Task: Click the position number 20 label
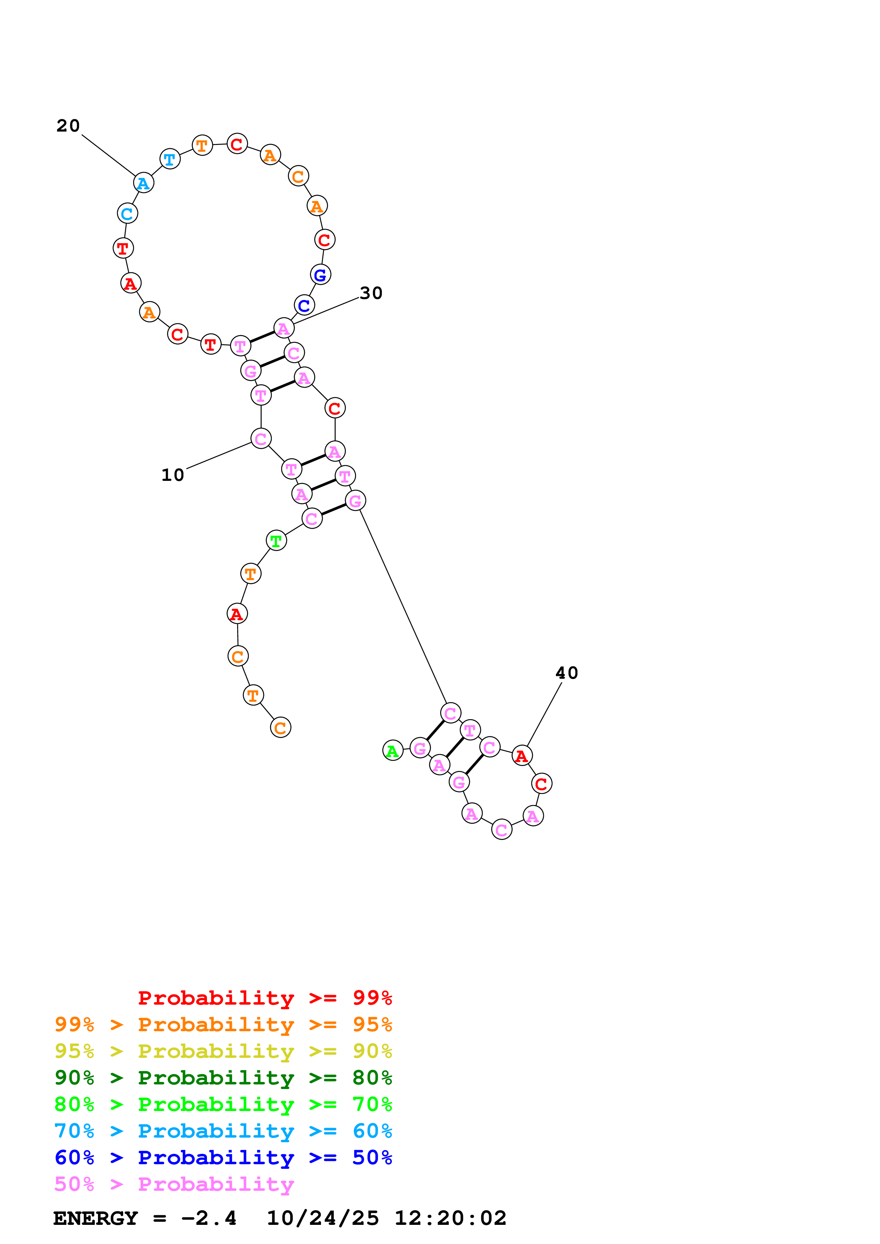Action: click(x=68, y=126)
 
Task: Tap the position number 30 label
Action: click(x=371, y=293)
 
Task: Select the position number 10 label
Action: click(x=173, y=475)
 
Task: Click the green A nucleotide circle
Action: click(x=393, y=750)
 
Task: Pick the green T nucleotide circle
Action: click(x=276, y=540)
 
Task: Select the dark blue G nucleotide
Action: click(x=321, y=275)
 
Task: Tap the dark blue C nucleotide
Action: click(x=304, y=306)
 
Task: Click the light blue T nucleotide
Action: click(x=170, y=159)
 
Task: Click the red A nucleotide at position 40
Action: click(x=521, y=755)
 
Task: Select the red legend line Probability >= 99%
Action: click(x=264, y=998)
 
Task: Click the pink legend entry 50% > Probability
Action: click(x=174, y=1184)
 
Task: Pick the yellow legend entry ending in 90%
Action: click(x=223, y=1051)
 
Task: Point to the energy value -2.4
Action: click(x=209, y=1218)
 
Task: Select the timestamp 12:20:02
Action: click(x=450, y=1218)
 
